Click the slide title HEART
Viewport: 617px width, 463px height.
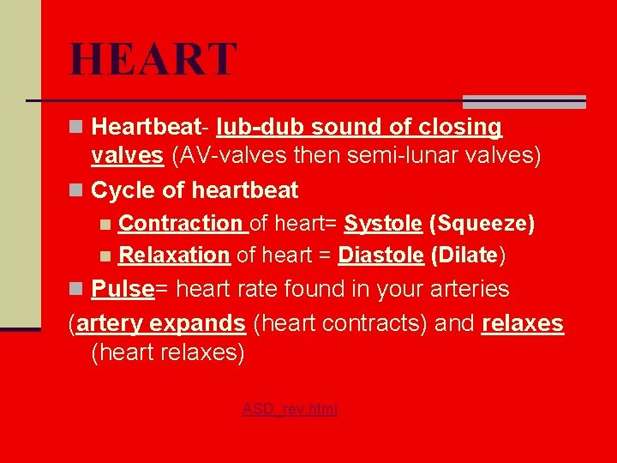[x=153, y=60]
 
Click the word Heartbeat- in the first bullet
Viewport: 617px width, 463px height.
[x=149, y=128]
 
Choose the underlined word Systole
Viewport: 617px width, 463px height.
[x=383, y=225]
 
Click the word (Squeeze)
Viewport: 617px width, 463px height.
[x=482, y=225]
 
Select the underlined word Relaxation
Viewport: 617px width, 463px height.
[x=174, y=256]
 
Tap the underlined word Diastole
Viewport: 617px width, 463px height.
[x=381, y=256]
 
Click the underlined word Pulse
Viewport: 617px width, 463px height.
[x=123, y=289]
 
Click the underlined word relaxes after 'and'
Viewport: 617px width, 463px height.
[x=523, y=324]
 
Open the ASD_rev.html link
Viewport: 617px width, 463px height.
[x=290, y=410]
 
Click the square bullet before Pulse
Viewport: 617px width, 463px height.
[x=77, y=290]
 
